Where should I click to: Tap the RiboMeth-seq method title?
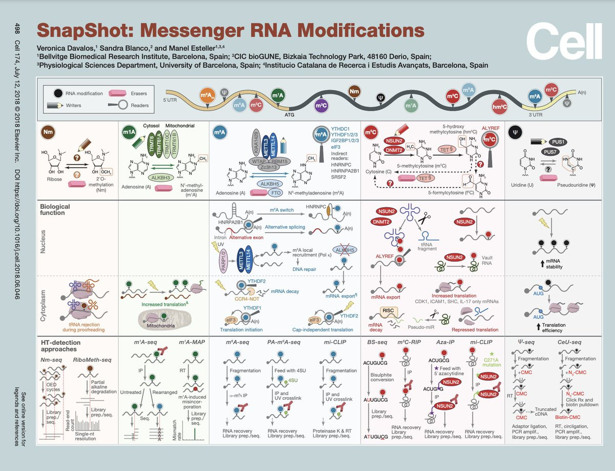point(92,359)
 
